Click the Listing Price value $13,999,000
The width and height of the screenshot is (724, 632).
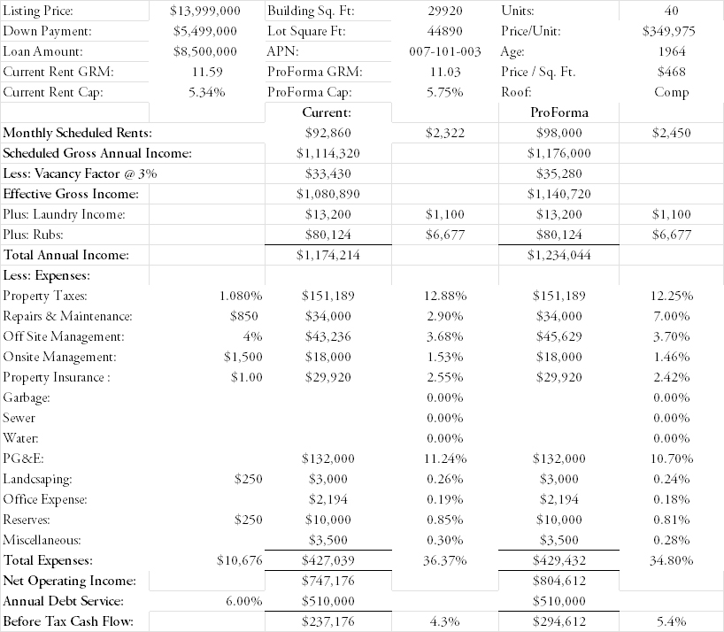click(x=204, y=12)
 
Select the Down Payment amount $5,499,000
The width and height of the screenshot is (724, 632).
click(x=205, y=31)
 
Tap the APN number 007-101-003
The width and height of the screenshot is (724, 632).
click(x=444, y=51)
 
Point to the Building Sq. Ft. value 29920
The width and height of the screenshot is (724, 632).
click(x=444, y=12)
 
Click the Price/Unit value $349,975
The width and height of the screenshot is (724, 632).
click(x=668, y=31)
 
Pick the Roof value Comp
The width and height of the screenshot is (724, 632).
click(x=672, y=92)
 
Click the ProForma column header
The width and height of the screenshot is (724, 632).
click(x=559, y=112)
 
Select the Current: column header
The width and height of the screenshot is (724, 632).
click(x=327, y=112)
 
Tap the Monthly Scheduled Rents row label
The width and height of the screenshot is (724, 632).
click(x=78, y=133)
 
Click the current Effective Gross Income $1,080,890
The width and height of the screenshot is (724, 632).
click(x=327, y=194)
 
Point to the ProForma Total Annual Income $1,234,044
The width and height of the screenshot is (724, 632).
click(x=559, y=255)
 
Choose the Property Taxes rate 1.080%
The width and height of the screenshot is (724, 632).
click(x=240, y=296)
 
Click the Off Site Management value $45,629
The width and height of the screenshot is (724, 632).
click(x=559, y=336)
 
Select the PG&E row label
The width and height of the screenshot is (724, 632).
click(x=24, y=459)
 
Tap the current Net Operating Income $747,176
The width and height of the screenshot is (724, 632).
click(x=327, y=581)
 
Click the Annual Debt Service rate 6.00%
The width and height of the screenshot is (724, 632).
click(x=244, y=601)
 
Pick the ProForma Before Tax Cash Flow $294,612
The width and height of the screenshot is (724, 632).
click(x=559, y=621)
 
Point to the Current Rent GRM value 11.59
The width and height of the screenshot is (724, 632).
click(x=205, y=72)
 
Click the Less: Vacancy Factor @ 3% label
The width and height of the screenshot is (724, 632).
click(x=80, y=173)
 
